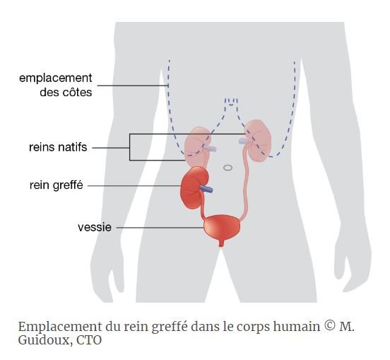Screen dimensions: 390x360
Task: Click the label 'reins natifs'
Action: (x=58, y=147)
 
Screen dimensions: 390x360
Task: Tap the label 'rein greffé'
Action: (x=57, y=185)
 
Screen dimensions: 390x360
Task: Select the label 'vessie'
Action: (x=95, y=227)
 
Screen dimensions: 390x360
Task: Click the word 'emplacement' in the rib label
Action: (x=56, y=79)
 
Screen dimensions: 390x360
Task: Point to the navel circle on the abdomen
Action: (x=227, y=168)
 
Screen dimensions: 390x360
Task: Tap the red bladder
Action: (x=222, y=227)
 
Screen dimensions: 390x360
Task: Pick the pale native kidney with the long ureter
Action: (x=259, y=141)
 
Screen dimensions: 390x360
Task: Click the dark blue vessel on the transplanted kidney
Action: (x=206, y=189)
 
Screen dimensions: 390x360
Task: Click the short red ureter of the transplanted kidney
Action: (x=203, y=204)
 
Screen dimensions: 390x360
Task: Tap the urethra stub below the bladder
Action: (x=221, y=243)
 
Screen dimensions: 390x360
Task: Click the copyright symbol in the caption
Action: (x=330, y=325)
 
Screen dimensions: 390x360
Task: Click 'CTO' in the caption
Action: (x=89, y=340)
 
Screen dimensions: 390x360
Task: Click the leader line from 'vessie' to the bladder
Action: (x=160, y=228)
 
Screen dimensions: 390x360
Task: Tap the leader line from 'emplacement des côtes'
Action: (x=133, y=86)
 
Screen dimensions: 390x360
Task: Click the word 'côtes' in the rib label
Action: (x=77, y=93)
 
